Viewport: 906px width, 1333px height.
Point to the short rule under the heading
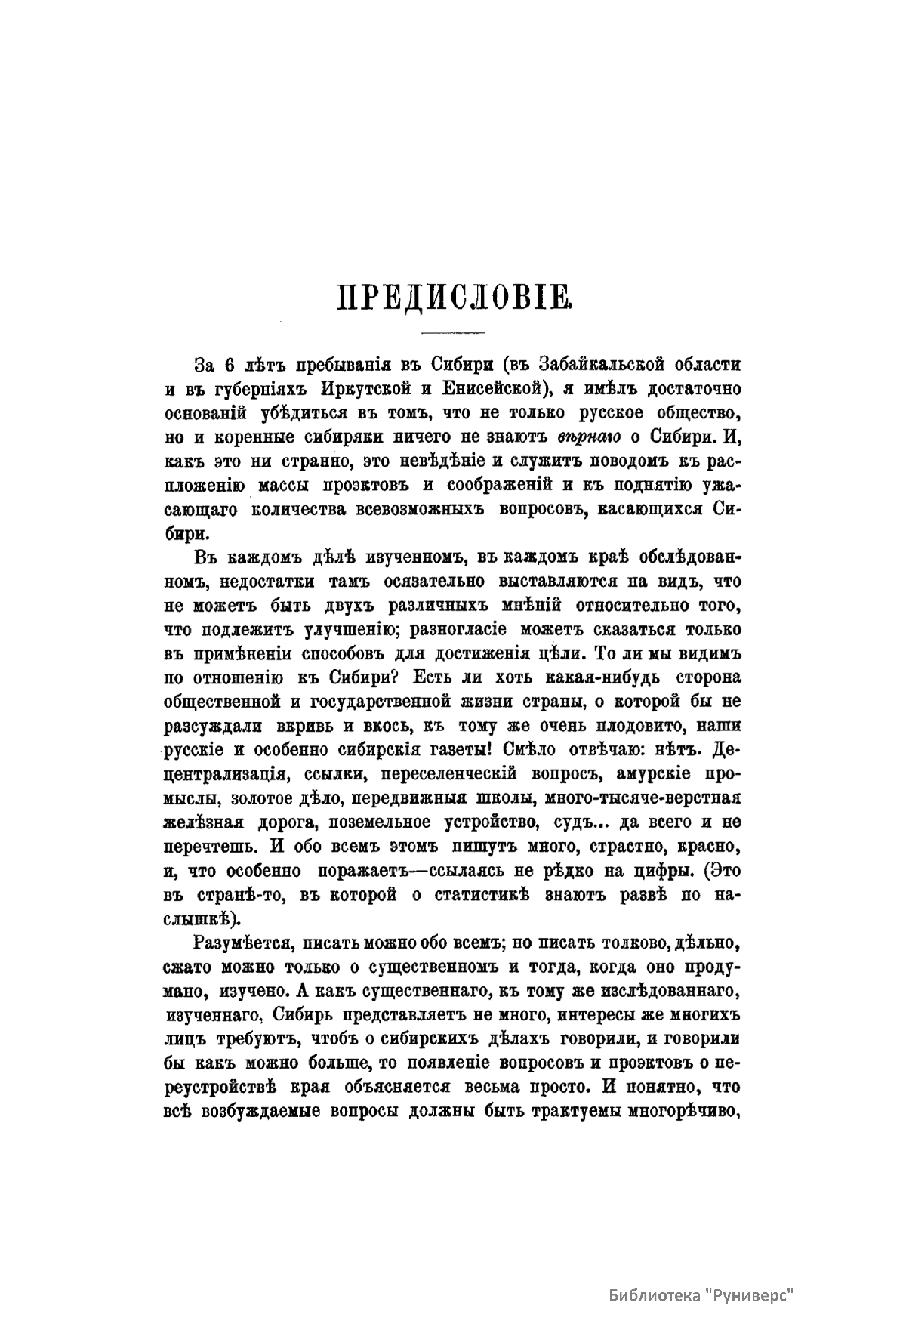point(453,333)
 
